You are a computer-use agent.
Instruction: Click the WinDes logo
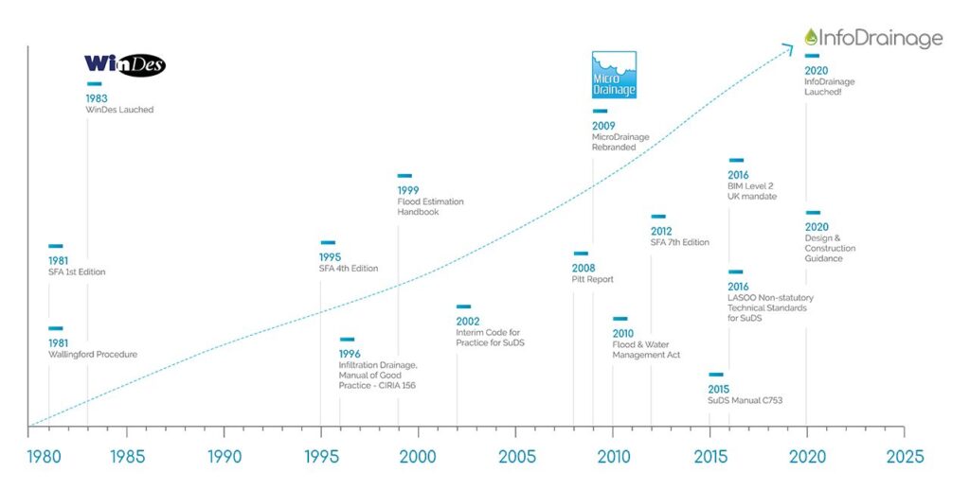click(125, 64)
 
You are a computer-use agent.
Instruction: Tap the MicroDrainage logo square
click(614, 75)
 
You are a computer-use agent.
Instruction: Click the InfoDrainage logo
click(872, 38)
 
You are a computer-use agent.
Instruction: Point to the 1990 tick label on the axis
click(225, 456)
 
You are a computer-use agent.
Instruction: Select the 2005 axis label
click(516, 456)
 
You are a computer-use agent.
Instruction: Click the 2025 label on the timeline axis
click(905, 456)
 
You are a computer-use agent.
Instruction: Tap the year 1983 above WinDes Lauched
click(96, 98)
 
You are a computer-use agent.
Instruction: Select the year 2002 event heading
click(467, 321)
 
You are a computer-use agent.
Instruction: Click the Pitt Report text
click(593, 280)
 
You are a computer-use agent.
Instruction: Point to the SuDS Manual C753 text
click(745, 401)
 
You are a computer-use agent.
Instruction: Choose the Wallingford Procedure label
click(93, 355)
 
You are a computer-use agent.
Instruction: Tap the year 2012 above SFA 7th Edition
click(661, 231)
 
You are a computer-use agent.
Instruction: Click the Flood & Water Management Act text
click(646, 350)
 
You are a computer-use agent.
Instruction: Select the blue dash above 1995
click(328, 243)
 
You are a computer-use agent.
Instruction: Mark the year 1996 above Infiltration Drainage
click(350, 354)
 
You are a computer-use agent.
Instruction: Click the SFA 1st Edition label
click(77, 272)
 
